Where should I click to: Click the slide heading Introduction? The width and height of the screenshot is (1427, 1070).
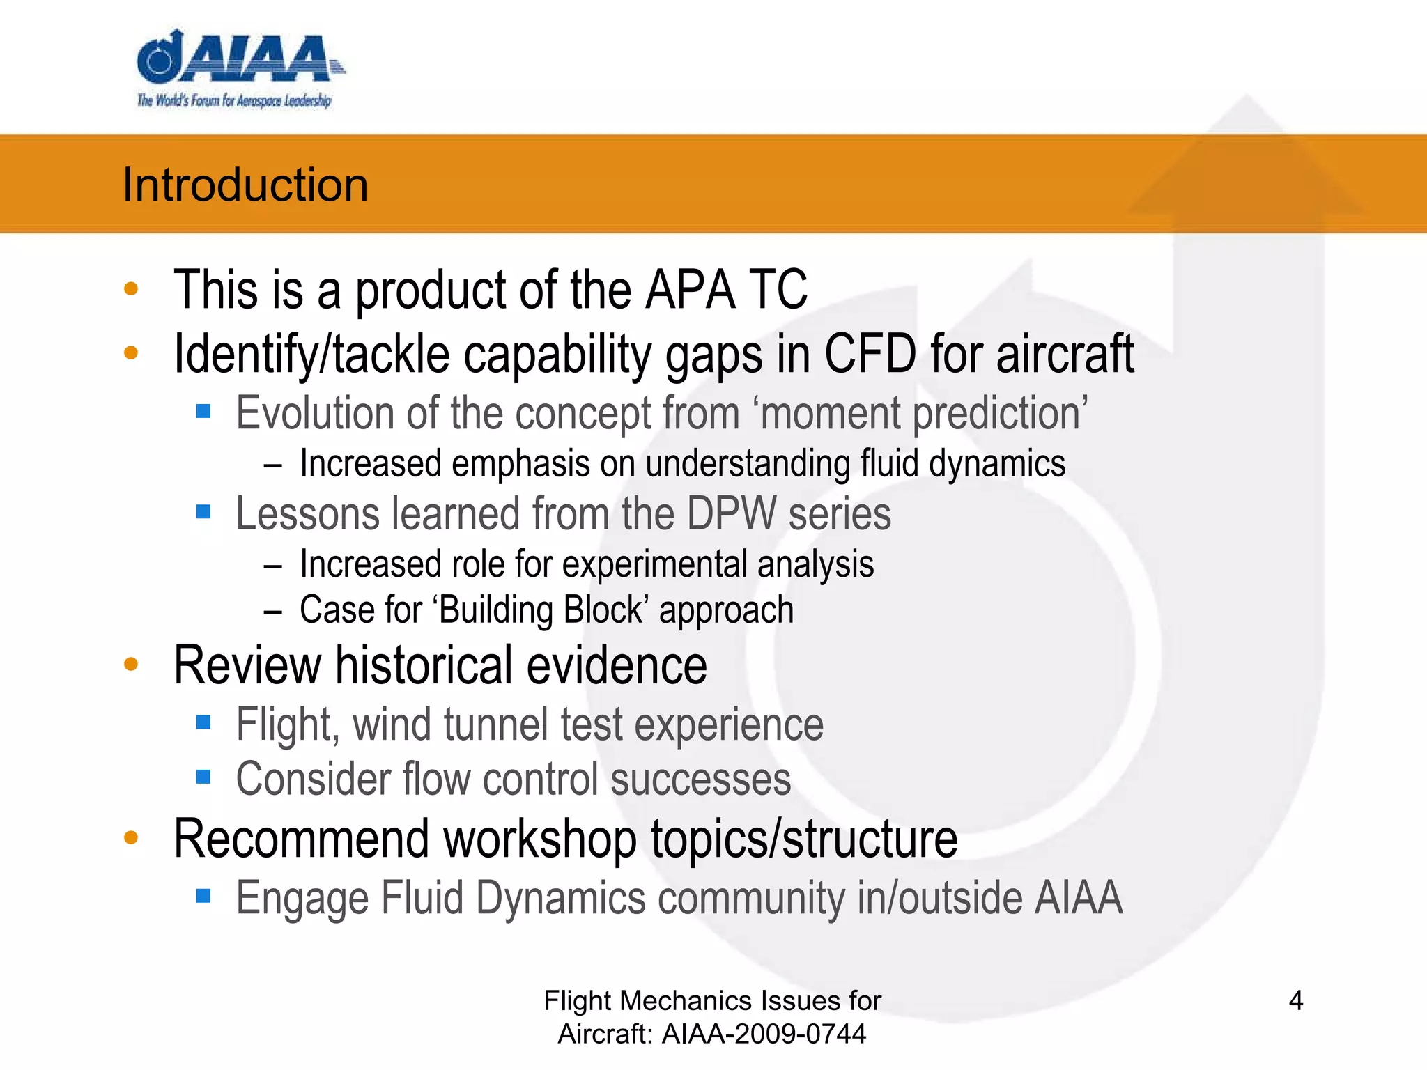[245, 185]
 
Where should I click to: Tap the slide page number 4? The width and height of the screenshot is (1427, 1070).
[1295, 1000]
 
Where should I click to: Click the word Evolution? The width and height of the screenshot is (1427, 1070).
[316, 413]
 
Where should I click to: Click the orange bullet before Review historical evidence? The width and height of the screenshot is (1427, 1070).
[131, 664]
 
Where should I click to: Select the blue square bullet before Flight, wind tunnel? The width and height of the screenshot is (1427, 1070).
[203, 722]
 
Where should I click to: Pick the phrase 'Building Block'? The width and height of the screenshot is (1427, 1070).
[542, 610]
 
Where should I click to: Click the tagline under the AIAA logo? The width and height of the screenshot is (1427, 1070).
[234, 101]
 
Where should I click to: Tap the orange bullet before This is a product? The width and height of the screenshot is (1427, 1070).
[131, 289]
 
